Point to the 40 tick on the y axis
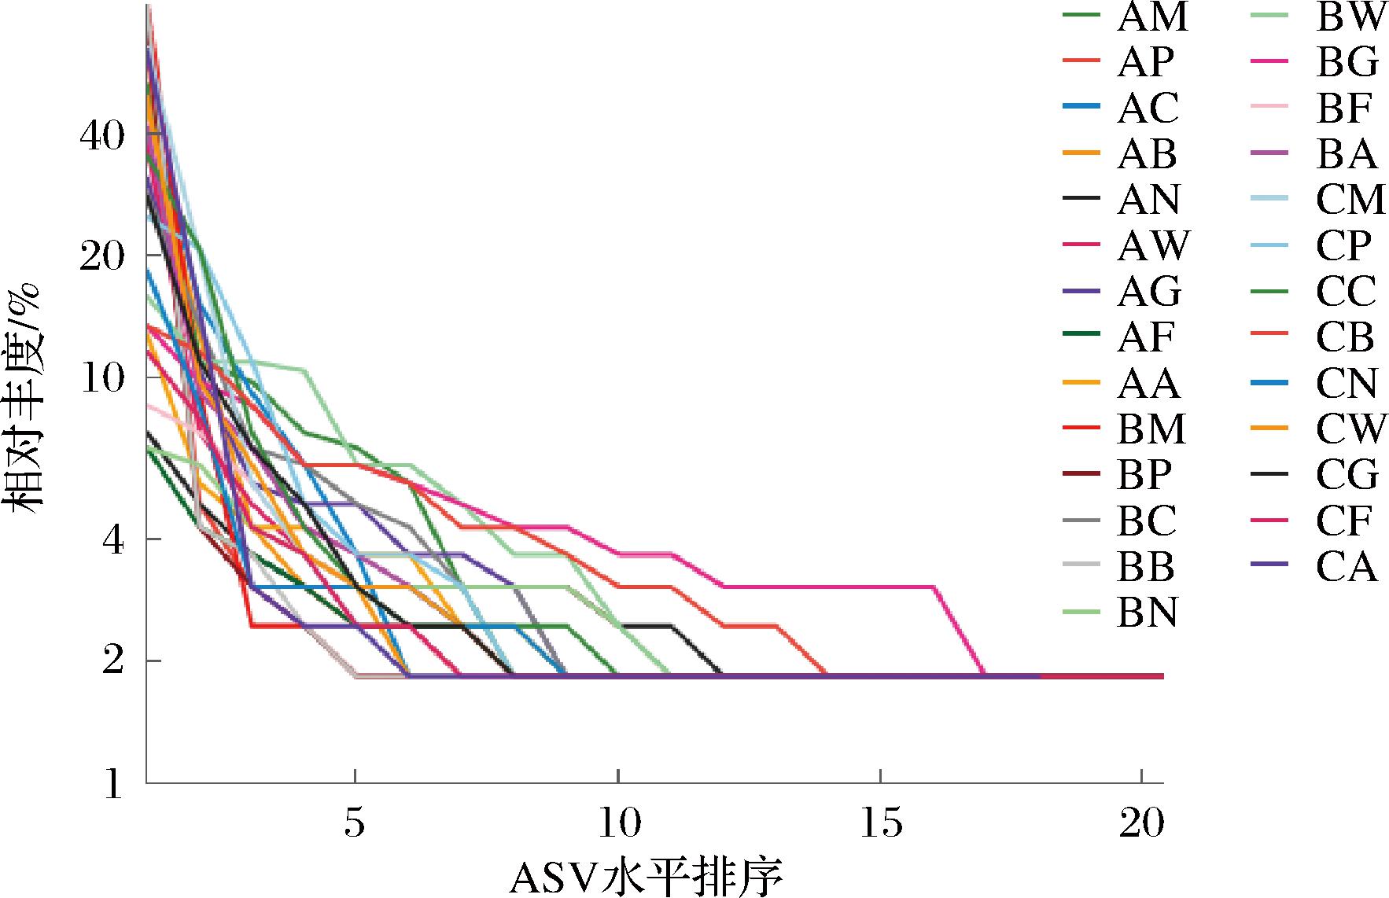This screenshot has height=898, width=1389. (x=101, y=135)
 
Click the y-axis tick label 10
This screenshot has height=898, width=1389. (x=101, y=378)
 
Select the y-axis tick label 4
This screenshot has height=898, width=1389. (x=113, y=541)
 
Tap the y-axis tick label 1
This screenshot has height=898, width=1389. (x=113, y=784)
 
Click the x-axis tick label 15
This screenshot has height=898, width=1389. (x=881, y=824)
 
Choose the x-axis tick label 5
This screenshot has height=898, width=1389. (x=356, y=824)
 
